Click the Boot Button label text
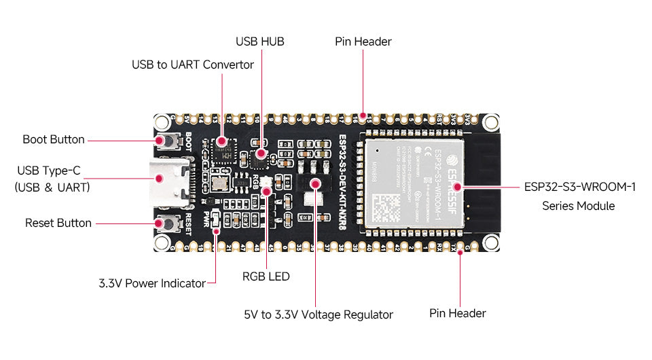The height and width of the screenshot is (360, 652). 54,140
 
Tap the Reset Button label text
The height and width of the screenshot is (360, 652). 58,223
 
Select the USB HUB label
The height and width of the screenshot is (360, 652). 259,42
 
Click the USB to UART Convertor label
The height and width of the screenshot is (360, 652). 192,65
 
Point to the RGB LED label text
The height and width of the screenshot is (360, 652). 266,276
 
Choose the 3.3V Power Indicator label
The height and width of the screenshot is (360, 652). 151,283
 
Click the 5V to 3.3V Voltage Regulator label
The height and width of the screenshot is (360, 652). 318,314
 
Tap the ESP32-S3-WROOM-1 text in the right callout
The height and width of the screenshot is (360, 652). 579,187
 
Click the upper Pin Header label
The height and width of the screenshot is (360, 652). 363,42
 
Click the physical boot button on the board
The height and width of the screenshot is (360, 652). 164,141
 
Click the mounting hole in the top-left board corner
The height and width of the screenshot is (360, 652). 162,122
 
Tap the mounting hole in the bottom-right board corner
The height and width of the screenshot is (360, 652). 488,240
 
